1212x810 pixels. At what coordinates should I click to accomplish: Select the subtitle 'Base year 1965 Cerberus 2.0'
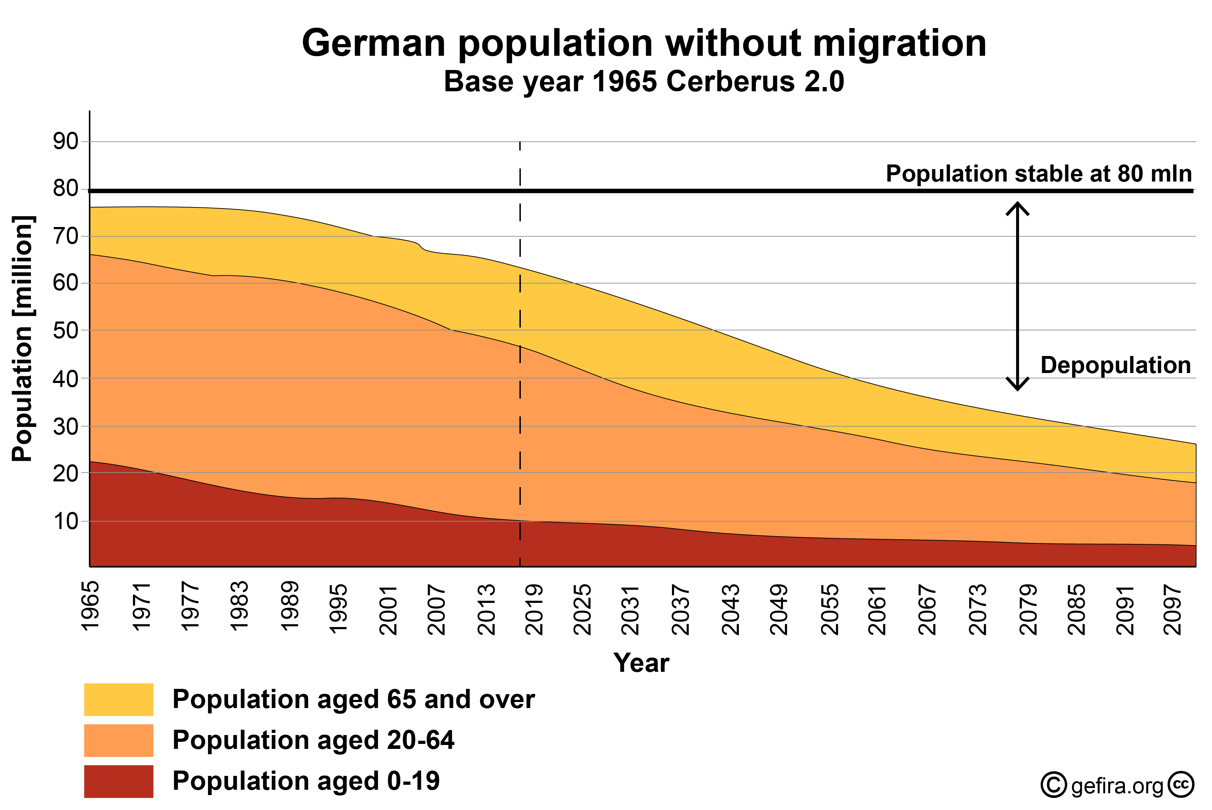644,82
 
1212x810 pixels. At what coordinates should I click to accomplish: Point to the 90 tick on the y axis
66,141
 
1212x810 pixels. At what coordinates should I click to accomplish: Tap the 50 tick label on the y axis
66,331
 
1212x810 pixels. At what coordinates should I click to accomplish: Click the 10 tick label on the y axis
66,521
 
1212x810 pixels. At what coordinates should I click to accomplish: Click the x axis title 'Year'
641,663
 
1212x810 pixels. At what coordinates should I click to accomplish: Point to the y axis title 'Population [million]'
23,338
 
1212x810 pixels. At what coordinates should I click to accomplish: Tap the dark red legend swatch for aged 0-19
118,781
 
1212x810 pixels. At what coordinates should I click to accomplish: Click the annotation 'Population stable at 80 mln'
1039,174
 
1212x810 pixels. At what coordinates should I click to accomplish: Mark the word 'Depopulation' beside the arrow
1115,365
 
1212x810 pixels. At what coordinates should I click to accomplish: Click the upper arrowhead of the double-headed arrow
1017,207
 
